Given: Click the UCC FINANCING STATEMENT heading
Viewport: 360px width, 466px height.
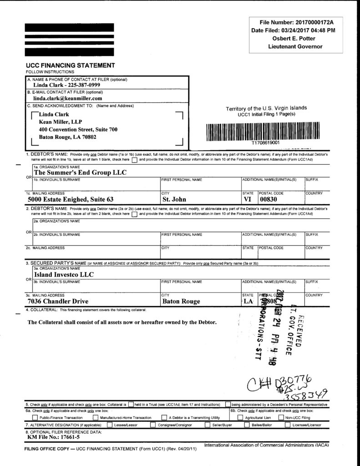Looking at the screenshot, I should coord(70,66).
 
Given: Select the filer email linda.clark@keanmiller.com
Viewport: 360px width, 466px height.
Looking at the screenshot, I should coord(68,98).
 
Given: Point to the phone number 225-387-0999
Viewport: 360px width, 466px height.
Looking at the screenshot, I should coord(84,85).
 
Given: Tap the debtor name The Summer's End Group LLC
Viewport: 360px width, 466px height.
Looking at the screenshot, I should coord(80,172).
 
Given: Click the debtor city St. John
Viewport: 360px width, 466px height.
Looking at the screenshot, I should coord(174,199).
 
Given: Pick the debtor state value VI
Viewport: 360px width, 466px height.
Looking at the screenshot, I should coord(248,199).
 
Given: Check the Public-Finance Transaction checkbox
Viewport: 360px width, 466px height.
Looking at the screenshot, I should coord(35,417).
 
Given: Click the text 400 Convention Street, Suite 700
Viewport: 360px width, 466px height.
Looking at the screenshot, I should coord(78,130).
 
